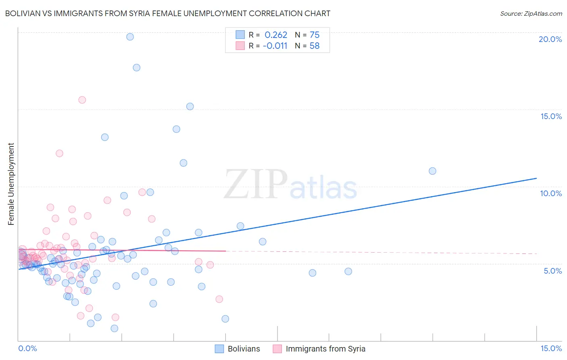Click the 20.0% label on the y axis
tap(550, 39)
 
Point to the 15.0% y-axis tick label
tap(551, 116)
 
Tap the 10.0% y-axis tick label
tap(551, 193)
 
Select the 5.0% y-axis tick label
tap(552, 271)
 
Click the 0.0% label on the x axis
tap(27, 348)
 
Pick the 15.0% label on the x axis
tap(551, 348)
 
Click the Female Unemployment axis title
tap(11, 184)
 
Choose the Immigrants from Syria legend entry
tap(319, 349)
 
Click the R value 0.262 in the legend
tap(276, 35)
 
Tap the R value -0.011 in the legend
tap(275, 46)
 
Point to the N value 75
tap(315, 35)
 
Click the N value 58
tap(315, 46)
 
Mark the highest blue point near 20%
tap(130, 37)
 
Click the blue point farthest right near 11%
tap(432, 171)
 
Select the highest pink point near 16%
tap(82, 100)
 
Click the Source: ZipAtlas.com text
tap(531, 14)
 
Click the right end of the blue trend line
tap(536, 178)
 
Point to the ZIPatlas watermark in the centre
tap(290, 185)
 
